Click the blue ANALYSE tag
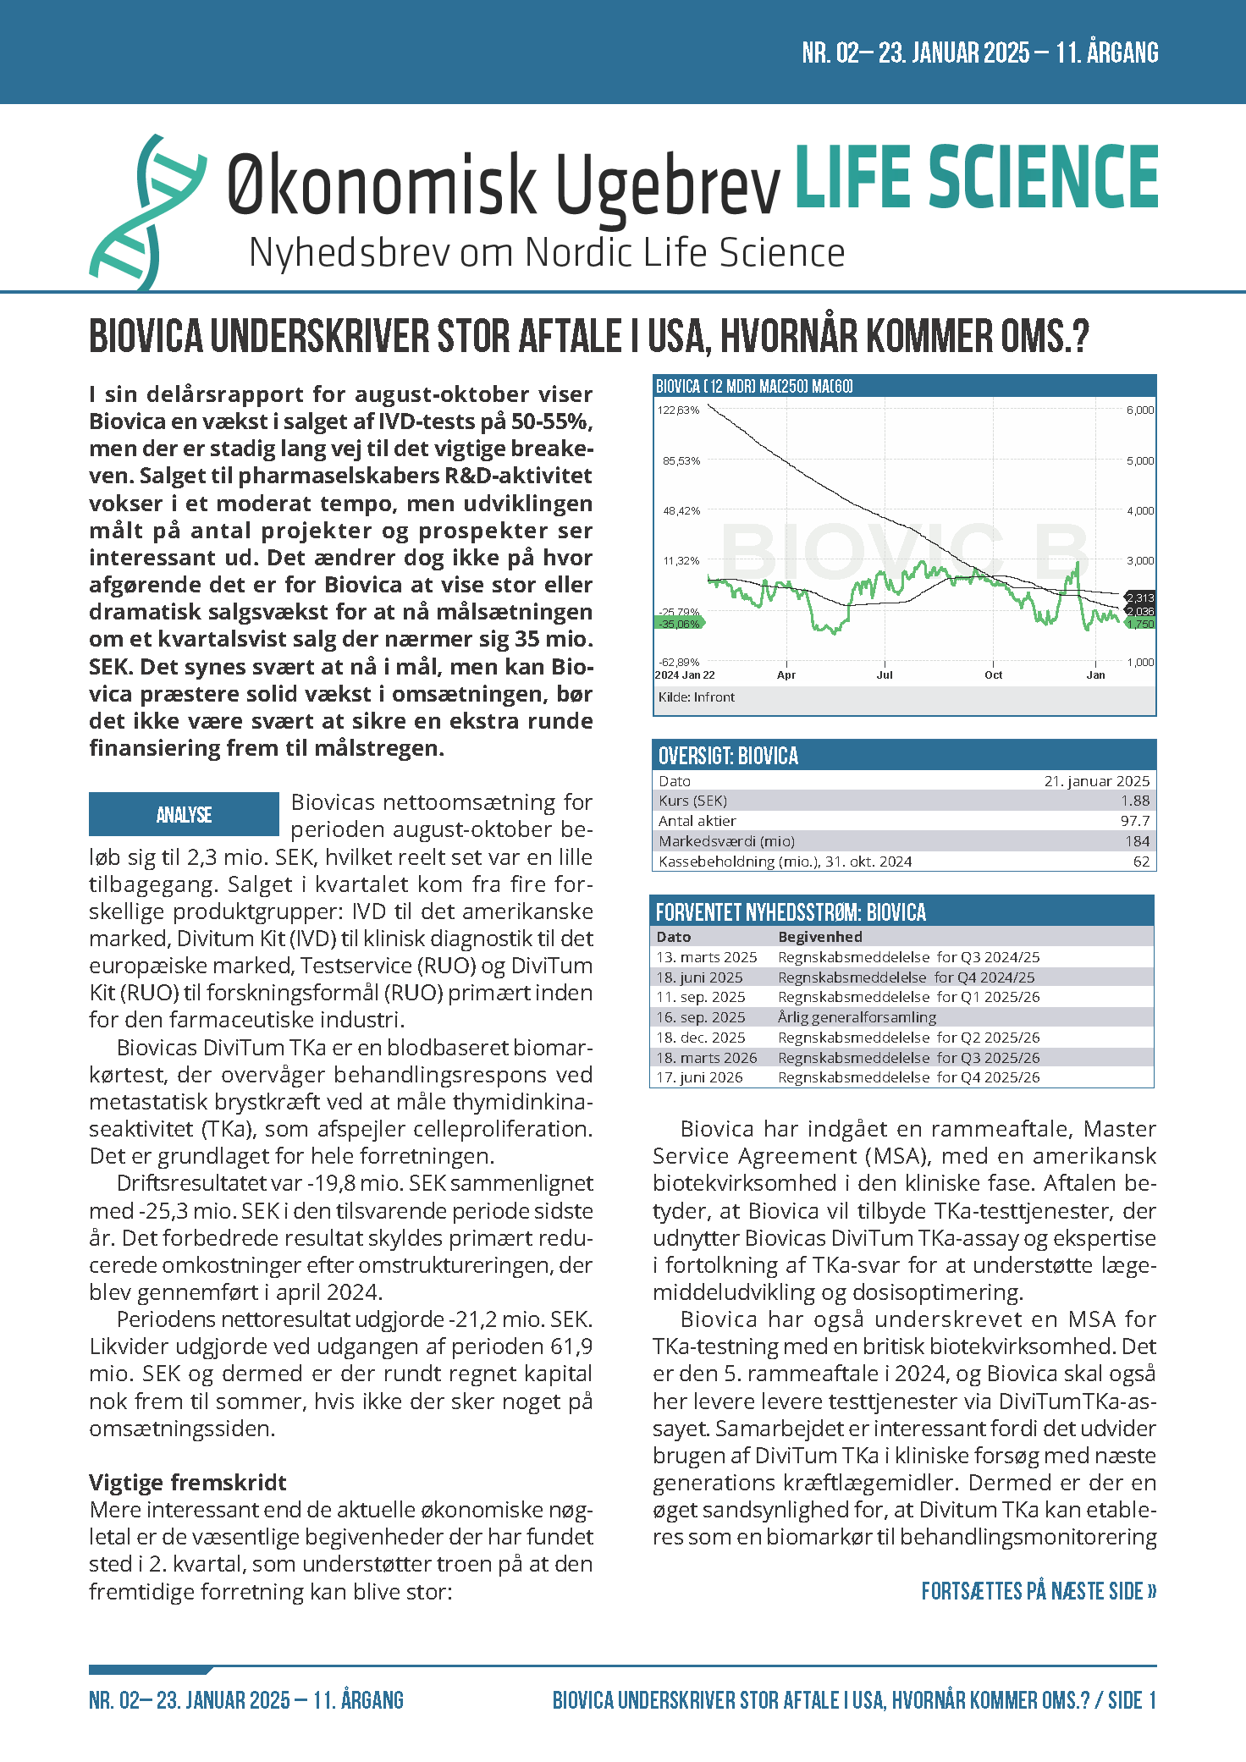[x=184, y=814]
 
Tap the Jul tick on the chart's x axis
[x=885, y=675]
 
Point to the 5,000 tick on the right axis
[x=1139, y=461]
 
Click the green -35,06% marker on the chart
[x=680, y=624]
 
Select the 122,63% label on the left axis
[x=679, y=410]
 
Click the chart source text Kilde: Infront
[x=696, y=697]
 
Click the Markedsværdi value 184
[x=1137, y=841]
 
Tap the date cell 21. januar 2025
[x=1096, y=781]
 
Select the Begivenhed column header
[x=819, y=937]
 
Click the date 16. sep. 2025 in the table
[x=701, y=1017]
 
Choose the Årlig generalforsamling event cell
[x=857, y=1017]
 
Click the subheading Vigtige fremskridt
[x=187, y=1483]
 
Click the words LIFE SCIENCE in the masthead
[x=976, y=177]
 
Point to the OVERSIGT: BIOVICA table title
[x=728, y=756]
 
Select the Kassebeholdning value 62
[x=1141, y=862]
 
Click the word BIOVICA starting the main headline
[x=146, y=337]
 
